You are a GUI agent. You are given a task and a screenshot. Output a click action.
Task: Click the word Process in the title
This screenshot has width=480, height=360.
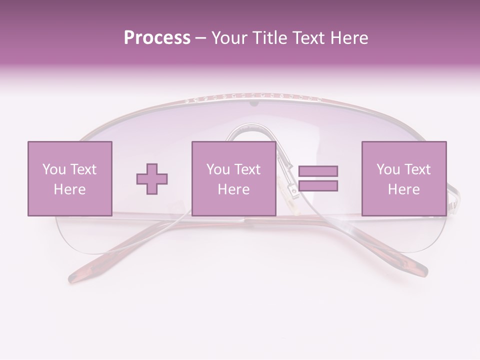pyautogui.click(x=157, y=37)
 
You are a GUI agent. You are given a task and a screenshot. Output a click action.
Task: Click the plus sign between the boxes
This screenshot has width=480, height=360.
pyautogui.click(x=152, y=178)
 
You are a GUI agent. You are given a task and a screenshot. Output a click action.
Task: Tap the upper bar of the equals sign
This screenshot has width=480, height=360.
pyautogui.click(x=318, y=171)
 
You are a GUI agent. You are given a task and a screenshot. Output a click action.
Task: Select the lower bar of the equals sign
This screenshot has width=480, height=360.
pyautogui.click(x=318, y=186)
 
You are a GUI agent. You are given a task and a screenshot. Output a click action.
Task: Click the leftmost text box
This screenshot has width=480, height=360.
pyautogui.click(x=69, y=178)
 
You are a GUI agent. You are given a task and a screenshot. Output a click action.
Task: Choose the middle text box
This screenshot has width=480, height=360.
pyautogui.click(x=233, y=178)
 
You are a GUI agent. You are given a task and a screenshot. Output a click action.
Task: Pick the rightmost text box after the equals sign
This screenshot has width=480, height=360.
pyautogui.click(x=403, y=178)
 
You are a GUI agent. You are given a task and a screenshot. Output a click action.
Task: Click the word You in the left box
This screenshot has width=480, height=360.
pyautogui.click(x=53, y=169)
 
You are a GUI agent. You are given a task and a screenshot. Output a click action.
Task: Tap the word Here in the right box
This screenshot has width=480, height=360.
pyautogui.click(x=403, y=189)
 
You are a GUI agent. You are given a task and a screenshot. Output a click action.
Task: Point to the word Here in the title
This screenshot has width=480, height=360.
pyautogui.click(x=348, y=37)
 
